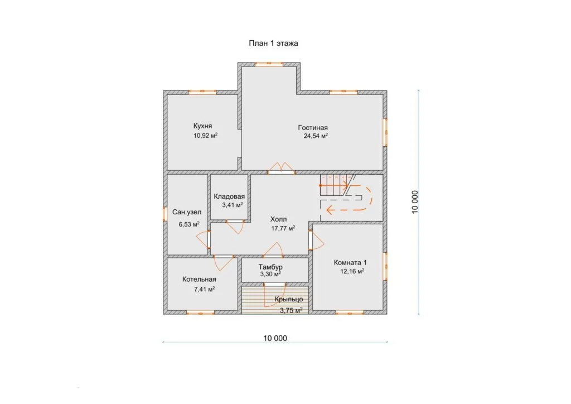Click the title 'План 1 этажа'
[273, 44]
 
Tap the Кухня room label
[202, 126]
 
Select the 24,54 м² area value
[316, 136]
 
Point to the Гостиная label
[313, 127]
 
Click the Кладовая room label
[229, 196]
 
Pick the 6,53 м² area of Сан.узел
[188, 224]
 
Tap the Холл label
[278, 219]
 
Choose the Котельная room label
[199, 280]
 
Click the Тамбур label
[270, 267]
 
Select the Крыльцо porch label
[289, 299]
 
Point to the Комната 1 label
[350, 263]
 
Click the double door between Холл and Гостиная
[281, 169]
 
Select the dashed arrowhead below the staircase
[331, 210]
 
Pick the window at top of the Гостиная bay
[269, 65]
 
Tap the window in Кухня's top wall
[202, 92]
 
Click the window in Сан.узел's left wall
[165, 214]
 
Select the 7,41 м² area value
[204, 290]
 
